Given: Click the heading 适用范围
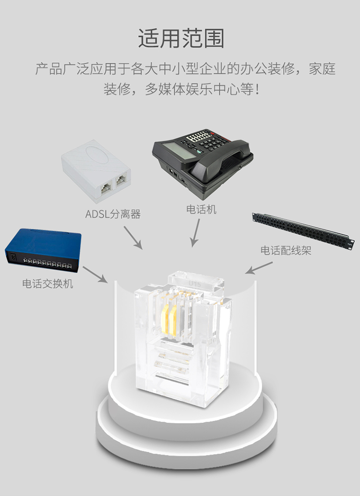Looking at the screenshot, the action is (181, 38).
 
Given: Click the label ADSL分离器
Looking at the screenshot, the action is (113, 214).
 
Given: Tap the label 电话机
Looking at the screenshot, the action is (201, 209).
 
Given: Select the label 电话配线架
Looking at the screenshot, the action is (286, 250).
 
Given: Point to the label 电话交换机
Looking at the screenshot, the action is (48, 283).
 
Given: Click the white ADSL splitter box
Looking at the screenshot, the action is (96, 170).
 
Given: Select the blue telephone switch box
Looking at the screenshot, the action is (43, 250).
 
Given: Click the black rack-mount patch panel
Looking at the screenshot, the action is (303, 230).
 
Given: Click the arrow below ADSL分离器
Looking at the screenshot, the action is (133, 238).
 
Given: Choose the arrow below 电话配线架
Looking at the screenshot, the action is (259, 267).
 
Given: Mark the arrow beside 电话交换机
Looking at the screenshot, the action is (95, 274).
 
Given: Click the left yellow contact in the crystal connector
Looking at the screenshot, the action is (165, 320).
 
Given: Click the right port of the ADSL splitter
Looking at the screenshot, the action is (121, 180).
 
